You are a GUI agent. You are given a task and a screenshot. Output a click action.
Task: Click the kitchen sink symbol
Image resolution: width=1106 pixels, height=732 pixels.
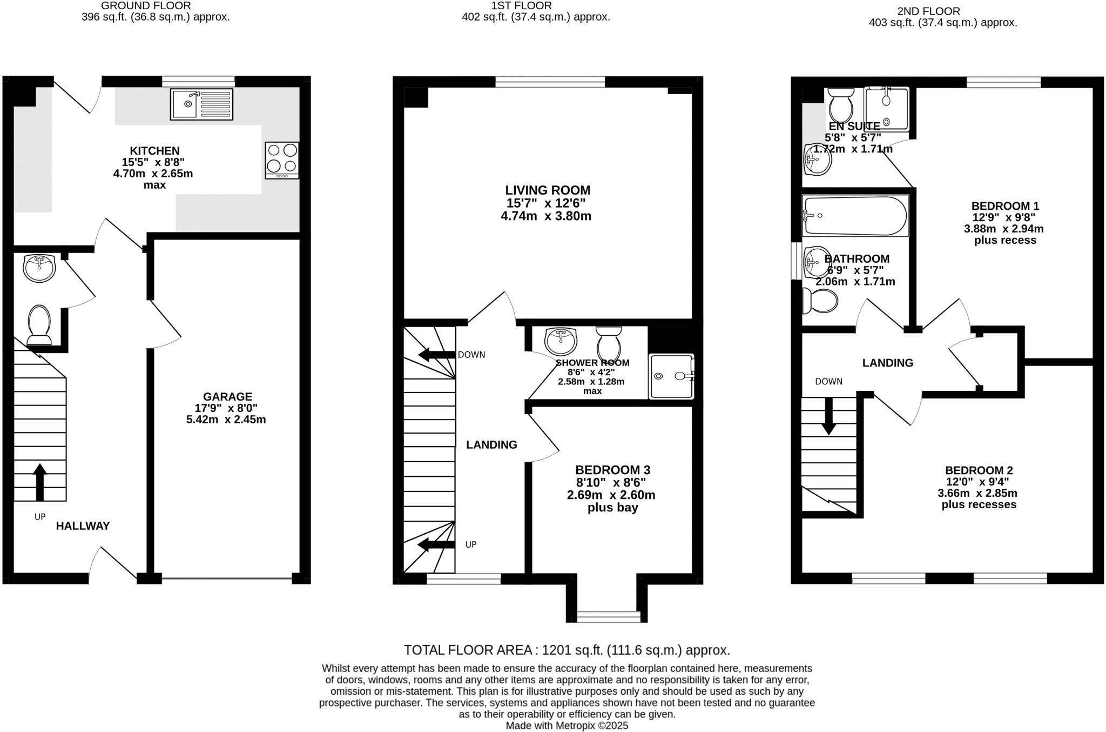(202, 104)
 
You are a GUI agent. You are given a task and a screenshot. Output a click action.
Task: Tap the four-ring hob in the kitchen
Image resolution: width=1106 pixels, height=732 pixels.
(282, 160)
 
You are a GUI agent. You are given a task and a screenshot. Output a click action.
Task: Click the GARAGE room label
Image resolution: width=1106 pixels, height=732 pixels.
(227, 396)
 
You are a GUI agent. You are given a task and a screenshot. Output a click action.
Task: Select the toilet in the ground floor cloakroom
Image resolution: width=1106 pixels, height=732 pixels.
(38, 324)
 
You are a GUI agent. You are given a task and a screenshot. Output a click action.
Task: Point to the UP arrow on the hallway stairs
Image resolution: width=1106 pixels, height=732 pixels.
(39, 481)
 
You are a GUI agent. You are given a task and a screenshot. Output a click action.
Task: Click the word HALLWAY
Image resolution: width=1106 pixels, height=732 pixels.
(83, 525)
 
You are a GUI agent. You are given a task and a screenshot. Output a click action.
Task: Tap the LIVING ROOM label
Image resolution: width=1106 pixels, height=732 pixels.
(548, 190)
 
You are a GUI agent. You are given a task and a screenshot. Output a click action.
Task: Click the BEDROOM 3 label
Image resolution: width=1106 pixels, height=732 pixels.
(612, 470)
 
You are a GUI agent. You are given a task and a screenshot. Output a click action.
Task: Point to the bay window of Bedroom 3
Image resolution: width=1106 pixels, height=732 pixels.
(609, 616)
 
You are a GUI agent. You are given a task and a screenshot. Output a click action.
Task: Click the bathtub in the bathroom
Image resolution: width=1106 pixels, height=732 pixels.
(854, 216)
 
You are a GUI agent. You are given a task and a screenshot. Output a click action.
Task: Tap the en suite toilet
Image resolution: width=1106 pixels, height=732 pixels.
(840, 105)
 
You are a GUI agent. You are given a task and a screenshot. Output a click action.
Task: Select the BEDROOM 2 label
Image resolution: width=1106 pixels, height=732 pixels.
(979, 470)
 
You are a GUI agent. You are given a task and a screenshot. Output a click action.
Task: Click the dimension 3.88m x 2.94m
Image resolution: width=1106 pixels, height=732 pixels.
(1003, 229)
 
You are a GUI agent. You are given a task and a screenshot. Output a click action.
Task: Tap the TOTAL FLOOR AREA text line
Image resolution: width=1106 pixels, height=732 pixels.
(567, 650)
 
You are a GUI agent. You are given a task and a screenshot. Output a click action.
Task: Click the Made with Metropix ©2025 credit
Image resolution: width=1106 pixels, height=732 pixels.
(567, 726)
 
